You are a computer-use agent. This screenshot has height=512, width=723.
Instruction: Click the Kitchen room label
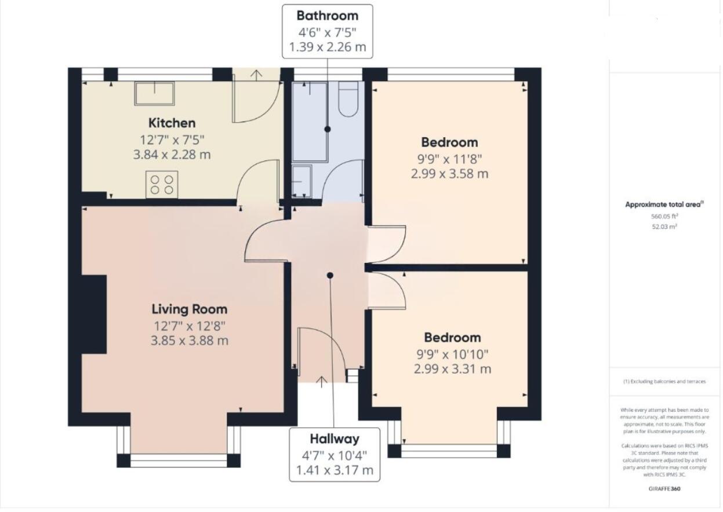tap(172, 123)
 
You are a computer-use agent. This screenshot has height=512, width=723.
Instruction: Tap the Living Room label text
tap(190, 309)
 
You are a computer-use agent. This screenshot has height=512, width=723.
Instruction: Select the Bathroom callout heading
tap(327, 16)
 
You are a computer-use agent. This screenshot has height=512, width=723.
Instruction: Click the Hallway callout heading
tap(335, 439)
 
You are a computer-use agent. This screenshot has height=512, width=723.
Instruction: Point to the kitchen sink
tap(155, 93)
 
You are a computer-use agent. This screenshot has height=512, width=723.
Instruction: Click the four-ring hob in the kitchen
tap(162, 184)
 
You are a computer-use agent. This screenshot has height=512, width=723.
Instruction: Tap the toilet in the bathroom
tap(348, 98)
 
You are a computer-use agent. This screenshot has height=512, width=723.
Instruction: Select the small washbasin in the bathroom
tap(302, 181)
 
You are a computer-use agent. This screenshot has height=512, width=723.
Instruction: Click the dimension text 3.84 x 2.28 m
tap(172, 155)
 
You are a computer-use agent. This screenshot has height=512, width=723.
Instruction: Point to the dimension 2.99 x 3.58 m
tap(449, 174)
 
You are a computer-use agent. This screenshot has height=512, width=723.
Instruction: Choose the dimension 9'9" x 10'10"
tap(452, 354)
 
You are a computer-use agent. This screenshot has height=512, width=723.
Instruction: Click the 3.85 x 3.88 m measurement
tap(190, 341)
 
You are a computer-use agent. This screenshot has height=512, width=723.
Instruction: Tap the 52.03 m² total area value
tap(664, 226)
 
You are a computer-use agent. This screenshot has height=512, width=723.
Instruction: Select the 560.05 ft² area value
tap(664, 216)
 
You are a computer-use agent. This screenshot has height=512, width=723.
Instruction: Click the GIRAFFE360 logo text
tap(664, 489)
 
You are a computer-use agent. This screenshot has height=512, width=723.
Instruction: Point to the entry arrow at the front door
tap(321, 382)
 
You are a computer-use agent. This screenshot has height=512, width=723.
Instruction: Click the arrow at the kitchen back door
tap(256, 75)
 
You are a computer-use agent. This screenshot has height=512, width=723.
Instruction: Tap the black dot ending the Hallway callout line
tap(330, 275)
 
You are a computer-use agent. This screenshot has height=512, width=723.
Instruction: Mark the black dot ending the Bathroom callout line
tap(327, 129)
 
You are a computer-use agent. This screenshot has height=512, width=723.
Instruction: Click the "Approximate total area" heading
tap(664, 204)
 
